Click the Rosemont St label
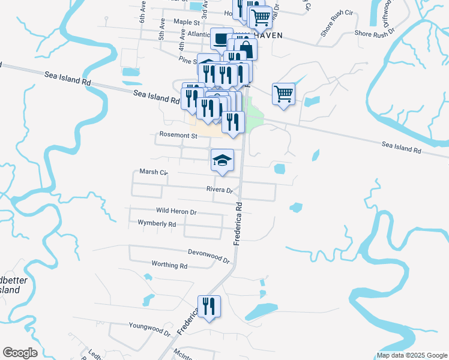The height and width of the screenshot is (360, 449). point(178,136)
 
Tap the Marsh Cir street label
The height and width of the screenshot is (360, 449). point(153,172)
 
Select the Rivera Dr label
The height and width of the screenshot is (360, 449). point(219,190)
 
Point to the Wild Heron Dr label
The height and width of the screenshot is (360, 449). point(176,212)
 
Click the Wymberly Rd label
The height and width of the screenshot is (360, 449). point(157,224)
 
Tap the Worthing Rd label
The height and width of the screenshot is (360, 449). point(170,265)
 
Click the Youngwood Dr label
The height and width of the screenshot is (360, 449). point(149,327)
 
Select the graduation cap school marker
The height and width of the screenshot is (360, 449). point(222,160)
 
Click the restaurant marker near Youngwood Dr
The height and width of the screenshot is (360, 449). point(209,307)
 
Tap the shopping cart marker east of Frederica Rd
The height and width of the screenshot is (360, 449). point(283,94)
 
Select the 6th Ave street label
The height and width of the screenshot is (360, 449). point(143,16)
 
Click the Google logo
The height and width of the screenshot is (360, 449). point(20,353)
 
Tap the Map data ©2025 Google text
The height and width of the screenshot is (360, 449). point(411,355)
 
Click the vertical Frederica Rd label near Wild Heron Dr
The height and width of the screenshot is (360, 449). point(238,223)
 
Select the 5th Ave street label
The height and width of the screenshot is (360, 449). point(162,32)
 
